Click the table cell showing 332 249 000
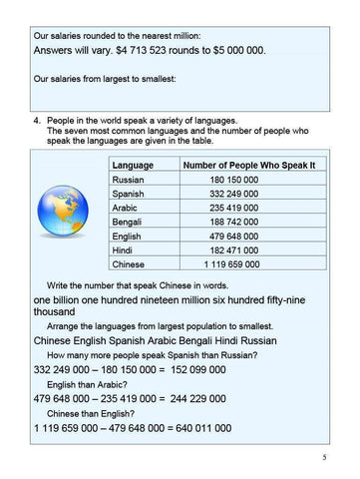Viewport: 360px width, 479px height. tap(234, 195)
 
